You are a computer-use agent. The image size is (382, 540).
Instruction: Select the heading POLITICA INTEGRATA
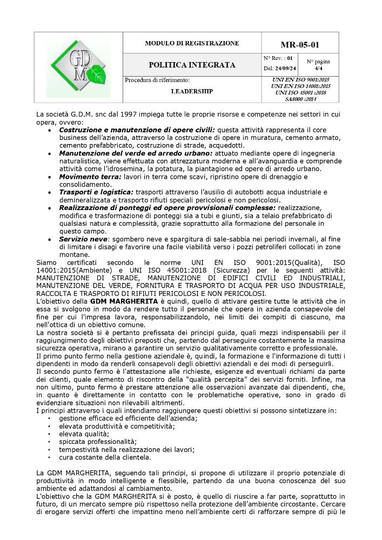pos(192,65)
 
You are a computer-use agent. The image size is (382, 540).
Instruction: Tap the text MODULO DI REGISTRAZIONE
pos(192,43)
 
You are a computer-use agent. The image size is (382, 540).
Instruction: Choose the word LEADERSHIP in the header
pos(192,91)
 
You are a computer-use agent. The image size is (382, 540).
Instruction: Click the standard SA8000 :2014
pos(300,99)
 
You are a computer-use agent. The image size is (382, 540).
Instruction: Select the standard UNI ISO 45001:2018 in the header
pos(300,92)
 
